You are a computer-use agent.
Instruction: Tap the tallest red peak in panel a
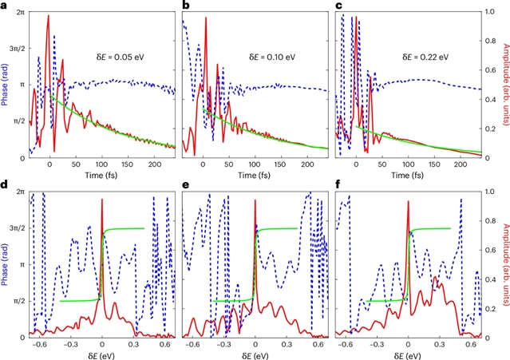point(48,16)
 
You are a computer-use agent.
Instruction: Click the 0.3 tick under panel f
point(441,342)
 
